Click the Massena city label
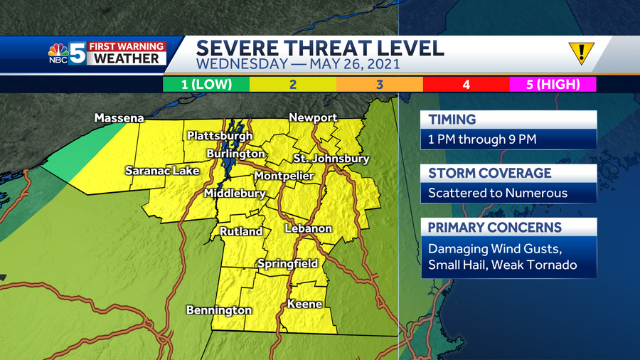point(119,118)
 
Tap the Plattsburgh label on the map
point(220,136)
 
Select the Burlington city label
point(236,154)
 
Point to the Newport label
point(313,117)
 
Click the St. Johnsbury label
point(331,159)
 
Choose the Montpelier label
point(284,176)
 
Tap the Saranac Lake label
point(162,171)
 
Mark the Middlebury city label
point(235,194)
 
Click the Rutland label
point(241,232)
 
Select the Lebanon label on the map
point(309,228)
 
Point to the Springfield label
point(287,264)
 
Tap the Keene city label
point(304,305)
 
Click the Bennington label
point(219,310)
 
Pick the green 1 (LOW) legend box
point(206,85)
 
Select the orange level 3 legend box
point(380,85)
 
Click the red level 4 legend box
point(466,85)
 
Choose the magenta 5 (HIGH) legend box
point(553,85)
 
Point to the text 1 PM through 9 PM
point(482,139)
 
